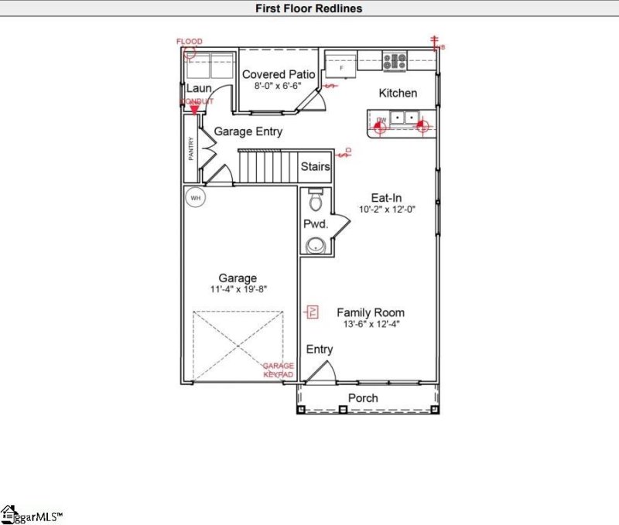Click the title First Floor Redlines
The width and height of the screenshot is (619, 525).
pos(309,9)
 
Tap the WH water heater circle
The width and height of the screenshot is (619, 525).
pos(196,198)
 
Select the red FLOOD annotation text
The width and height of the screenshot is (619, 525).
pos(190,41)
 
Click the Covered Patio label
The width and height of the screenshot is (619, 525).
pos(279,74)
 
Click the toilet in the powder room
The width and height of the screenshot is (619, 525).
pos(315,203)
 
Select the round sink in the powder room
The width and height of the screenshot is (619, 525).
pos(315,246)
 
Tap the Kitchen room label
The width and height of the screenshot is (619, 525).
pos(398,93)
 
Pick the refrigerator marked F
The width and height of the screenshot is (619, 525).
pos(340,67)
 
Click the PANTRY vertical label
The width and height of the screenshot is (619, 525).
pos(191,149)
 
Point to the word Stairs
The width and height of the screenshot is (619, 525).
pos(316,166)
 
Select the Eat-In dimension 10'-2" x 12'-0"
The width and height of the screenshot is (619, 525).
pos(387,209)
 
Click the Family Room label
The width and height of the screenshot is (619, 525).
pos(370,312)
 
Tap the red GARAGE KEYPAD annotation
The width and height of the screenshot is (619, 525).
pos(278,370)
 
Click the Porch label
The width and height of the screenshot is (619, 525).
pos(363,398)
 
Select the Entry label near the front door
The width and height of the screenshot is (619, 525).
pos(320,349)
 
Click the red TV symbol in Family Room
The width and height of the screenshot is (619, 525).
pos(313,312)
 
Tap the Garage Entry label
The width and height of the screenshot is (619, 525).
pos(248,131)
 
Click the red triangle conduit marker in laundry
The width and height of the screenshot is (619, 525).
pos(192,111)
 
